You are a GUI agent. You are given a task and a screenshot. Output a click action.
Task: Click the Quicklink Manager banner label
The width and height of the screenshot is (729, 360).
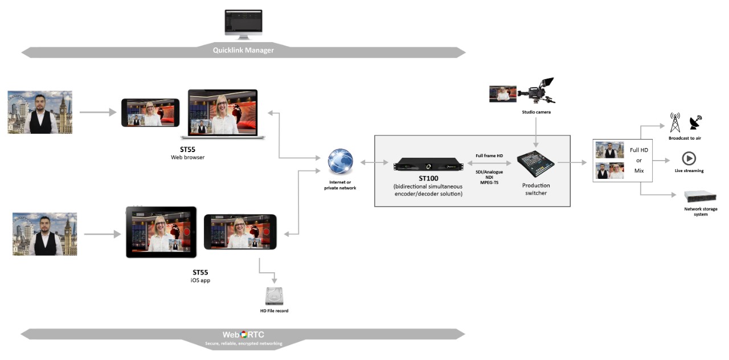coord(243,50)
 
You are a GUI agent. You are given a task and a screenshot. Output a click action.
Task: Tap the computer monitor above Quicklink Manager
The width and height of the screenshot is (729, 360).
coord(243,24)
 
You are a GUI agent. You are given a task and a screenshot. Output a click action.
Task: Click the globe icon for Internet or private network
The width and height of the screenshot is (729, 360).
coord(341,161)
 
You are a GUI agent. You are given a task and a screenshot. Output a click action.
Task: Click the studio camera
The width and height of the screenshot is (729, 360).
coord(536,91)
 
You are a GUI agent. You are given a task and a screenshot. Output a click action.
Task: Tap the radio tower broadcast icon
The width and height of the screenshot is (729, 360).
coord(675,122)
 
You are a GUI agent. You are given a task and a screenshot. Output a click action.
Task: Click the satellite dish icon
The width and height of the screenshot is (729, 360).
coord(696,122)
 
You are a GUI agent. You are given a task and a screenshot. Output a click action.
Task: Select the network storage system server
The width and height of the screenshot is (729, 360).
coord(701,197)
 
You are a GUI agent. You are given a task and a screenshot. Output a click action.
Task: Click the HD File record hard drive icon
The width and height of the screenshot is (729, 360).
coord(275,296)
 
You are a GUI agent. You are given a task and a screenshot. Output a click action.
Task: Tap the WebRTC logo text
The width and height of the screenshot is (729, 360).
coord(243,334)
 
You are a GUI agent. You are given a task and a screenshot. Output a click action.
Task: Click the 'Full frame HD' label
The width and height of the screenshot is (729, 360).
coord(489,156)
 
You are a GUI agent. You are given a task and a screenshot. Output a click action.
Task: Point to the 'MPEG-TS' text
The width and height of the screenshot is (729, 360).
coord(489,183)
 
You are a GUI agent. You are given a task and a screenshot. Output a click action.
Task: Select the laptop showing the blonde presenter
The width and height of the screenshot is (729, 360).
coord(223,114)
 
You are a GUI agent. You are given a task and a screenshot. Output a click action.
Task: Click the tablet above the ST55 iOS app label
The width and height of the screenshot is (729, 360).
coord(161,232)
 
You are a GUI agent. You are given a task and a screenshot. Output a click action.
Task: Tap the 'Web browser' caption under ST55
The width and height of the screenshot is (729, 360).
coord(188,158)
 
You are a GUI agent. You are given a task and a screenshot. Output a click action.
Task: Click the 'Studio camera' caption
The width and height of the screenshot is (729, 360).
coord(536,112)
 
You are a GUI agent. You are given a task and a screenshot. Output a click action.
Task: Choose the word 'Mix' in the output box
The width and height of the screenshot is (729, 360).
coord(639,170)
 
